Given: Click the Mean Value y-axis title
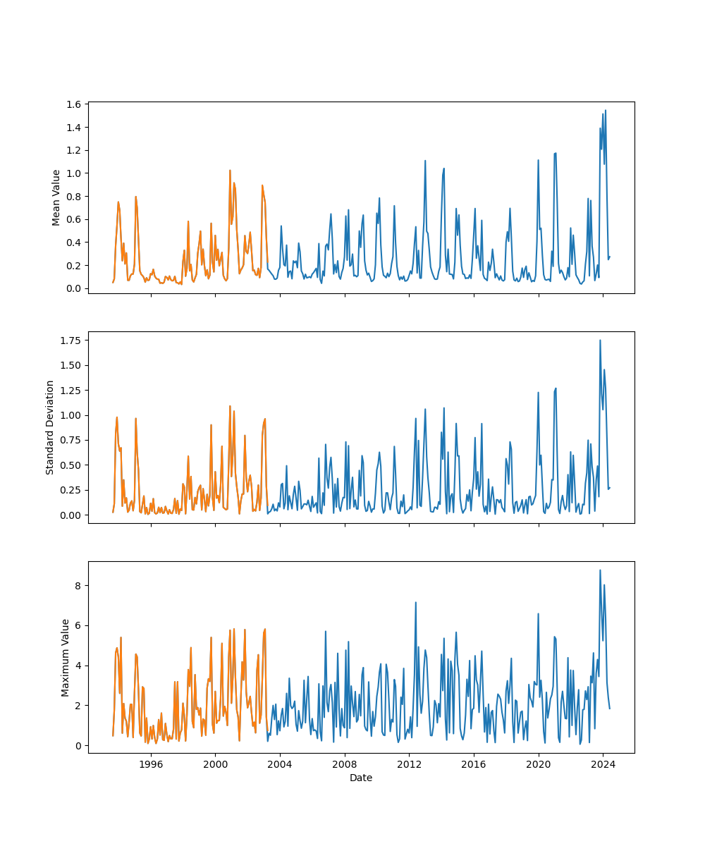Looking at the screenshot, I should point(56,197).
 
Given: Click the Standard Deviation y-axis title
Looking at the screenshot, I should point(50,427).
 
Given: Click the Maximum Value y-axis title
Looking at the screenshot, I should point(66,658).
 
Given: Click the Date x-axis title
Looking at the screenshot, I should point(361,778).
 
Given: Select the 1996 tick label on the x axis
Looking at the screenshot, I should point(151,764).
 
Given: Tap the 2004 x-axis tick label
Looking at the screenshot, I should point(280,764).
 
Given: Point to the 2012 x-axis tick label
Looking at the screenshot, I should point(409,764).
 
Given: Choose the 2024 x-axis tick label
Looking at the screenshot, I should point(603,764).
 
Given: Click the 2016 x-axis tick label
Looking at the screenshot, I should point(474,764).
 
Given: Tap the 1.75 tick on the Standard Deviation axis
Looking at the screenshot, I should point(73,341).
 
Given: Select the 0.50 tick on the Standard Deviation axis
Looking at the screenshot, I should point(73,465).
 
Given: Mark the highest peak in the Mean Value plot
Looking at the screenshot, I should point(605,111).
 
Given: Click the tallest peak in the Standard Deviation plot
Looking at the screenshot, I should point(600,341).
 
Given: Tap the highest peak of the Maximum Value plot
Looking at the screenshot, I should point(600,570).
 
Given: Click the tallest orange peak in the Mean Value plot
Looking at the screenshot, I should point(230,170).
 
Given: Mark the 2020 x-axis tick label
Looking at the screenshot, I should point(539,764).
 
